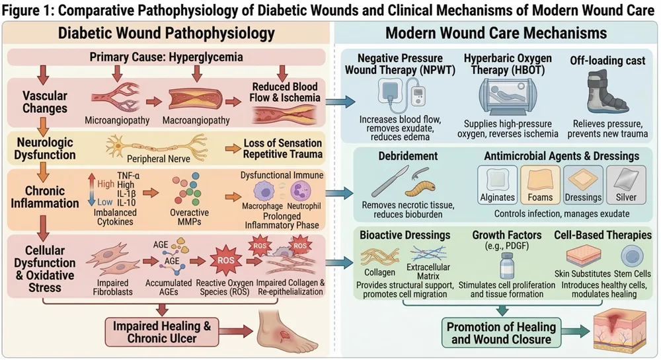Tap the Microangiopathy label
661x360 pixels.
click(116, 121)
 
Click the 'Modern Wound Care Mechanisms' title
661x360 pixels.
click(496, 32)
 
